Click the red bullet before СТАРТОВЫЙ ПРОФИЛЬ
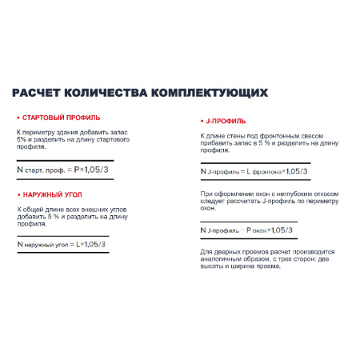[x=18, y=117]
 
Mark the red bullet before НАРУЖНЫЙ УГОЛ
[x=18, y=194]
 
